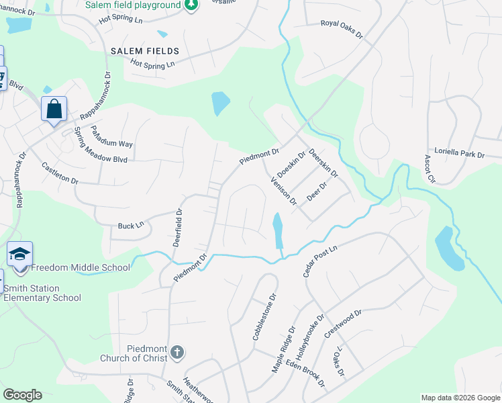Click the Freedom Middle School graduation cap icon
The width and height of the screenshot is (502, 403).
(x=20, y=253)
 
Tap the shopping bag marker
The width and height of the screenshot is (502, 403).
(x=54, y=108)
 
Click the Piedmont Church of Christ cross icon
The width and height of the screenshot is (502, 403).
(x=177, y=352)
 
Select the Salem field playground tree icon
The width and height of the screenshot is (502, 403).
(x=191, y=5)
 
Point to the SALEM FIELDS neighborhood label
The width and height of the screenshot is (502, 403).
(x=145, y=51)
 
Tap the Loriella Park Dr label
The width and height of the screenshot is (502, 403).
(x=459, y=154)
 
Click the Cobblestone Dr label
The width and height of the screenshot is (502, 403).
(x=264, y=316)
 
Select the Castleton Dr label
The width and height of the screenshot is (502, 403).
(x=60, y=173)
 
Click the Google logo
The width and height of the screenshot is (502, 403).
(x=22, y=395)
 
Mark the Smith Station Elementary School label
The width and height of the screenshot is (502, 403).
(x=42, y=293)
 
